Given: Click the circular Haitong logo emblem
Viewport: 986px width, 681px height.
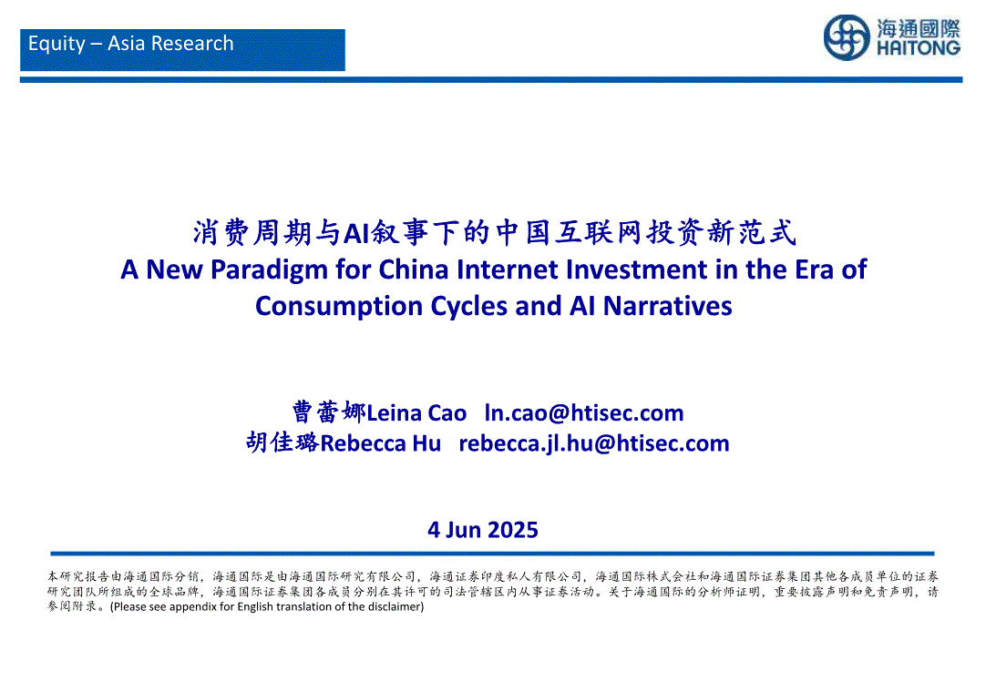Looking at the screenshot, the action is pos(847,37).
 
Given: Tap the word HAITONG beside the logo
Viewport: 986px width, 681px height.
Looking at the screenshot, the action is pos(919,47).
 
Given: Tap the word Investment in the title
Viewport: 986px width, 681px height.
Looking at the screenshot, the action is pos(636,269).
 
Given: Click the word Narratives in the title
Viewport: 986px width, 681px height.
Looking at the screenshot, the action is pos(668,306).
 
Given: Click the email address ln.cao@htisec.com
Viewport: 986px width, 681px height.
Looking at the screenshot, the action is pos(584,412).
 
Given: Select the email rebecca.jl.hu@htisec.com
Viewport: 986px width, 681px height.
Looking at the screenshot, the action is pos(594,443).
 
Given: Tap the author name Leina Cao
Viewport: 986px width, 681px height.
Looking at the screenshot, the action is pos(416,413).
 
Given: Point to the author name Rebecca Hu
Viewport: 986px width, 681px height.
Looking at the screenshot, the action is pos(380,443).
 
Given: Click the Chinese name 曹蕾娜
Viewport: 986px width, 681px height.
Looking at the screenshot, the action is pos(329,412).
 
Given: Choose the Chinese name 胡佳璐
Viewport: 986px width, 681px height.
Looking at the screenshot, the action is pos(283,442).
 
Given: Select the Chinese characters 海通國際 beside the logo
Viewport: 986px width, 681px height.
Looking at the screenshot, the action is pos(919,28).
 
